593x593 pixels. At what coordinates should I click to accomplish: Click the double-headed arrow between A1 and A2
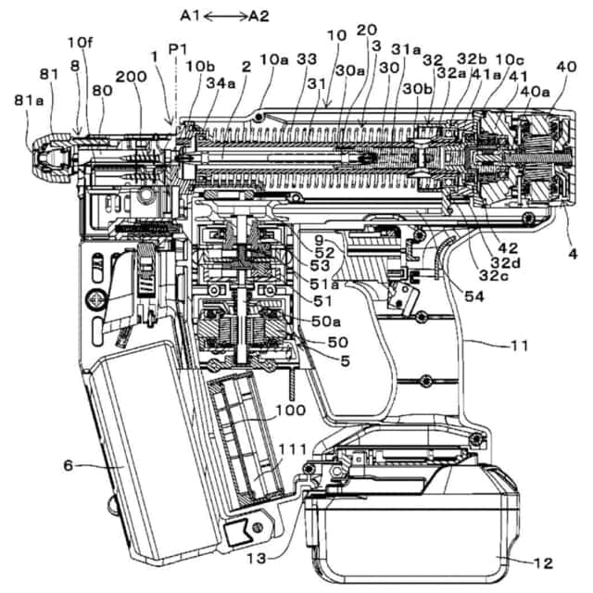tap(226, 16)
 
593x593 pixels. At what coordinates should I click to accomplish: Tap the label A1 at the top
tap(192, 16)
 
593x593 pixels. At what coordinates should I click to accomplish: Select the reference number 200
tap(131, 77)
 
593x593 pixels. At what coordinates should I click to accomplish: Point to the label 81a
tap(29, 101)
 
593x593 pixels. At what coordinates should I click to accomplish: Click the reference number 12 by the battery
tap(543, 563)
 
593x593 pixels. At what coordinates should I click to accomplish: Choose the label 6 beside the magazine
tap(68, 465)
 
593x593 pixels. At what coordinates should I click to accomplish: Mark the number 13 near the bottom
tap(257, 558)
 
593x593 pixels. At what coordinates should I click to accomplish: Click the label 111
tap(293, 449)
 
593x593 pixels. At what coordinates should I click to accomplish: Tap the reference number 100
tap(290, 410)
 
